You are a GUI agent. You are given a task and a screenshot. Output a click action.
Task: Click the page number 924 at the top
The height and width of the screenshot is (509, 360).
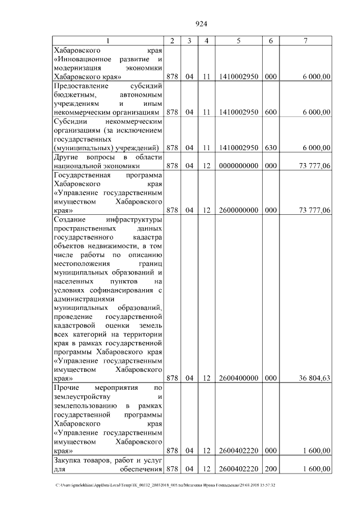pyautogui.click(x=201, y=24)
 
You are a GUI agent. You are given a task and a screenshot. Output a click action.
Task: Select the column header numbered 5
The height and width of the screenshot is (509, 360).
pyautogui.click(x=238, y=41)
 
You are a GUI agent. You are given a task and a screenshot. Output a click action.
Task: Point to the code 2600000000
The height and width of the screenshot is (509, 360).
pyautogui.click(x=238, y=210)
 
